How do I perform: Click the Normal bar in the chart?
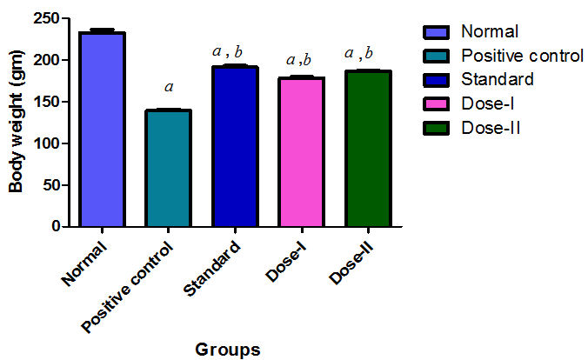tap(102, 130)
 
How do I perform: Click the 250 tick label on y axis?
tap(50, 19)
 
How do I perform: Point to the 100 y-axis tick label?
tap(50, 143)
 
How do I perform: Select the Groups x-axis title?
tap(227, 350)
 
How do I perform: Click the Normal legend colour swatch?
tap(438, 32)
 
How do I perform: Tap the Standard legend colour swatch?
tap(438, 80)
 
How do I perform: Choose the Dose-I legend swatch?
tap(438, 104)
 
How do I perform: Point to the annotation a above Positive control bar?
tap(168, 87)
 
